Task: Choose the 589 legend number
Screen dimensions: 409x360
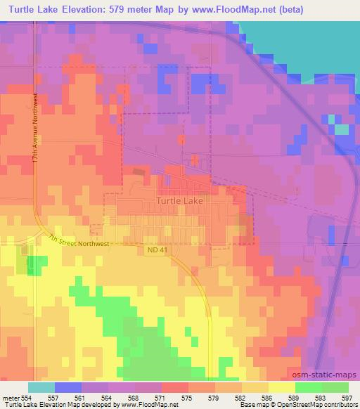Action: (283, 397)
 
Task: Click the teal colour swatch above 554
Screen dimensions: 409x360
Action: (41, 387)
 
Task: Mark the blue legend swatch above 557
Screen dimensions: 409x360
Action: (67, 387)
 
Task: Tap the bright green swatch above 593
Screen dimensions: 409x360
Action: (309, 387)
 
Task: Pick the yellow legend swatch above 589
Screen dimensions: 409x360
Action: (283, 387)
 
